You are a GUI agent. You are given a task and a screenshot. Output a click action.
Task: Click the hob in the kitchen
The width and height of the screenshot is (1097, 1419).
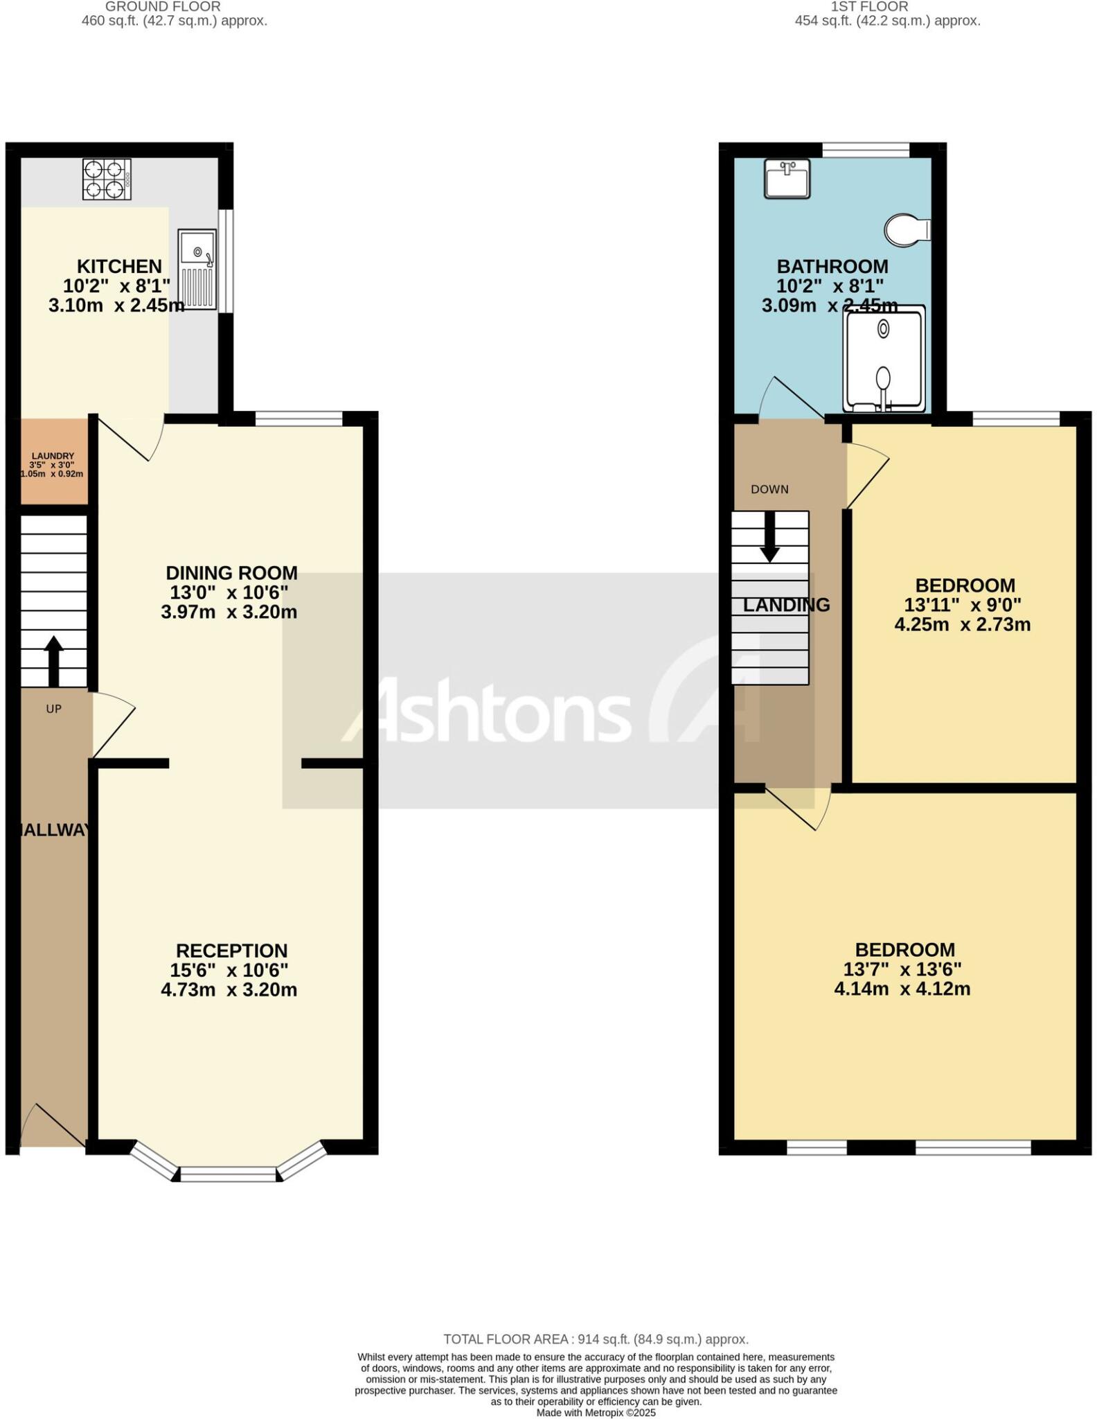click(107, 179)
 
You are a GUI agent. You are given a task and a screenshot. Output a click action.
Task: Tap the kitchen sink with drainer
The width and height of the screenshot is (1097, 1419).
click(197, 270)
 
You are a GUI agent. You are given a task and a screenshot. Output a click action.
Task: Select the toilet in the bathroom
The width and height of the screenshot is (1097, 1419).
click(907, 229)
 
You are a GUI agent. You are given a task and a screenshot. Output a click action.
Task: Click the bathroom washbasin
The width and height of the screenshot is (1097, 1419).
click(787, 179)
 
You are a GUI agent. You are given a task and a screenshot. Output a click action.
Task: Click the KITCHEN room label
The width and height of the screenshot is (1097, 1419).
click(119, 266)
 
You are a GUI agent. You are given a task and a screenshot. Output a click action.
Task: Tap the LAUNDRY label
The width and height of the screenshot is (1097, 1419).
click(53, 456)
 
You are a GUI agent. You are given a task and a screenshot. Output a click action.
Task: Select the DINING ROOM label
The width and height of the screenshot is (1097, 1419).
click(231, 573)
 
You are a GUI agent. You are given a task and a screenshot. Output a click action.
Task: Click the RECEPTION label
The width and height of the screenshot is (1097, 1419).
click(231, 951)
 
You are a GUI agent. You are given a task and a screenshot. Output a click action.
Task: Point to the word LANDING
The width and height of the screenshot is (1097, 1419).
click(786, 605)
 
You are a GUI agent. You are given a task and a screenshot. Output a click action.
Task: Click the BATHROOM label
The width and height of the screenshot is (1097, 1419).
click(832, 266)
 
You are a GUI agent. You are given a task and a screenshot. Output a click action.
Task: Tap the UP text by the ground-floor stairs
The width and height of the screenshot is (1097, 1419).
click(53, 709)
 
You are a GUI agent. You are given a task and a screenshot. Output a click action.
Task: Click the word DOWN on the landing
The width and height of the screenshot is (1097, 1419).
click(769, 489)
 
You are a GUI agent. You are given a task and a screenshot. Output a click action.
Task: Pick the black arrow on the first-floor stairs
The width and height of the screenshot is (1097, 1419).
click(769, 538)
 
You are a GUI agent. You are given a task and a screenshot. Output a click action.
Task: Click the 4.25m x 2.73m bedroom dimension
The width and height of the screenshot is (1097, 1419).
click(962, 624)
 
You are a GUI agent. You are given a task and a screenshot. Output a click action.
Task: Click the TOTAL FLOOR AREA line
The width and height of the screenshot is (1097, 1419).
click(596, 1339)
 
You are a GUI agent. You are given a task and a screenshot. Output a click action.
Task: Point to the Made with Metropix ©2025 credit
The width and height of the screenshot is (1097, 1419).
click(596, 1412)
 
